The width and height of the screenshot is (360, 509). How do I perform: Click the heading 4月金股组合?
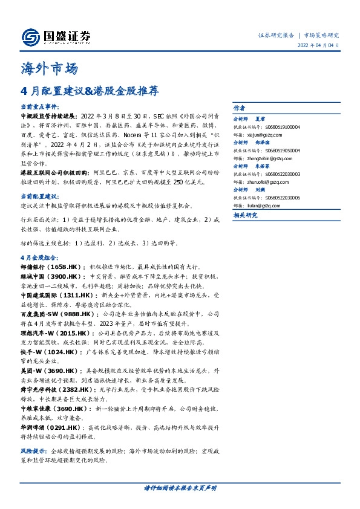[x=39, y=256]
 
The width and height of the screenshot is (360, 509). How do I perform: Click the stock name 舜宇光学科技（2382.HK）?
[x=56, y=392]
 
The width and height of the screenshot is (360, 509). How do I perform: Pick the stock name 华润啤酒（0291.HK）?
[x=50, y=428]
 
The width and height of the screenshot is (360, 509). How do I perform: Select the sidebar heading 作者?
[x=240, y=107]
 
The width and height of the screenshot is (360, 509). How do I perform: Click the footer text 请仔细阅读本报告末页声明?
[x=180, y=487]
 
